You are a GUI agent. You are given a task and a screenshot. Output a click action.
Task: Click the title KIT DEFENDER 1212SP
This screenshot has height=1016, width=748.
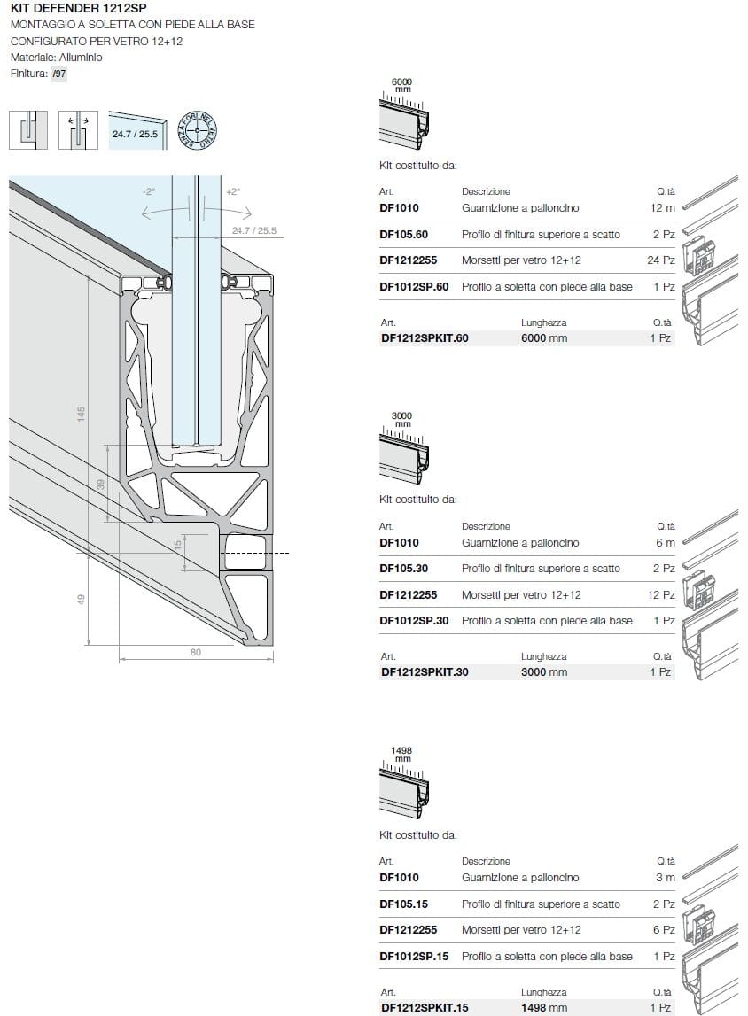pyautogui.click(x=78, y=8)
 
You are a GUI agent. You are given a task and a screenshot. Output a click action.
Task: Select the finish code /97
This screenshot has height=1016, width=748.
pyautogui.click(x=59, y=74)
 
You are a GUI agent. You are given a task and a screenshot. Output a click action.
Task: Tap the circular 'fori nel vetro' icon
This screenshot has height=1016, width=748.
pyautogui.click(x=198, y=129)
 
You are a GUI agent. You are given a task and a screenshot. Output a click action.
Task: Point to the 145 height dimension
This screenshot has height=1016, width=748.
pyautogui.click(x=81, y=413)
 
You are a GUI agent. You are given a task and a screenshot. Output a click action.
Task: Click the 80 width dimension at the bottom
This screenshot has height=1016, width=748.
pyautogui.click(x=196, y=653)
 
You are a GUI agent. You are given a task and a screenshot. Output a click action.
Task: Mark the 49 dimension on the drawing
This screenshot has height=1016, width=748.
pyautogui.click(x=81, y=600)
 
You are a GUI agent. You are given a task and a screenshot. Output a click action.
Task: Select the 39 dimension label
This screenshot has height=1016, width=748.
pyautogui.click(x=100, y=485)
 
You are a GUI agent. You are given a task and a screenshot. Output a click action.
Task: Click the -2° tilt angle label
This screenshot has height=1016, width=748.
pyautogui.click(x=148, y=191)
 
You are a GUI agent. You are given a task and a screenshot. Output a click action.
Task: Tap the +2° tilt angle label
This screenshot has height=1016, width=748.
pyautogui.click(x=233, y=191)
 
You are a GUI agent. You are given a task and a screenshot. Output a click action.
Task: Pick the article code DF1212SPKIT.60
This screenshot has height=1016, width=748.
pyautogui.click(x=424, y=338)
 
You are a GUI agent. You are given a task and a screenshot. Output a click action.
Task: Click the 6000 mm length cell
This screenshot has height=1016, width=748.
pyautogui.click(x=544, y=338)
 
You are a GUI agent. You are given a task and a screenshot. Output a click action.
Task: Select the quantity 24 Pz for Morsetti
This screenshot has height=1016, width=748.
pyautogui.click(x=661, y=260)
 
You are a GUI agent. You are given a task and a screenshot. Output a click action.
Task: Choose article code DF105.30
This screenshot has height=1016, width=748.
pyautogui.click(x=403, y=569)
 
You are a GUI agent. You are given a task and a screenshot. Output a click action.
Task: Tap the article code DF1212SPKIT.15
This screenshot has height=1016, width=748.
pyautogui.click(x=424, y=1007)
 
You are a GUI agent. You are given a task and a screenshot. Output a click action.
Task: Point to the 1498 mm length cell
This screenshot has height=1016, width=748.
pyautogui.click(x=544, y=1007)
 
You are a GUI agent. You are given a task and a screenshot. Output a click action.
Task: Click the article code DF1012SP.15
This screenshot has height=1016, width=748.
pyautogui.click(x=414, y=957)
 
